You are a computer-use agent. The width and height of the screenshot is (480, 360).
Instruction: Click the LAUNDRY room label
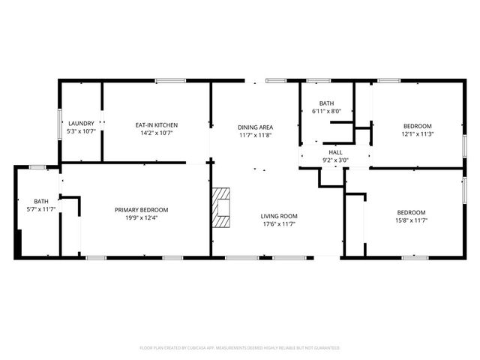[x=81, y=123]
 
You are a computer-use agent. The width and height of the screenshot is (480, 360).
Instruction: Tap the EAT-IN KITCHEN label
[x=157, y=124]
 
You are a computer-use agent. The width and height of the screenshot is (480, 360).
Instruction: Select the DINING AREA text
[x=255, y=127]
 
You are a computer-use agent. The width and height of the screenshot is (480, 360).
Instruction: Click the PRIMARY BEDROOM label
[x=141, y=210]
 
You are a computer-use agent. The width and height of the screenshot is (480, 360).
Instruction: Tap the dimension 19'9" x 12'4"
[x=141, y=218]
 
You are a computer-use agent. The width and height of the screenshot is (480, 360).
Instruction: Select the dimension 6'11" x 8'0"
[x=326, y=112]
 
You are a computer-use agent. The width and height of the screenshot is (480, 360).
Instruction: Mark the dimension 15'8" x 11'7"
[x=411, y=220]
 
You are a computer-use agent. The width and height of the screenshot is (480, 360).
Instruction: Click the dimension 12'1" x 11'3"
[x=418, y=134]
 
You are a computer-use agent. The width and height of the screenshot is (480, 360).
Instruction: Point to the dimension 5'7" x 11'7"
[x=40, y=209]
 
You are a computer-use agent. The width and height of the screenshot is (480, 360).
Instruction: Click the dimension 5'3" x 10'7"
[x=81, y=131]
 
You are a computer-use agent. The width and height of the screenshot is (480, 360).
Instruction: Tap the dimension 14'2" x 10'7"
[x=157, y=133]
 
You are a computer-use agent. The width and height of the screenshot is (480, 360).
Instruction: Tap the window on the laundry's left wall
[x=60, y=122]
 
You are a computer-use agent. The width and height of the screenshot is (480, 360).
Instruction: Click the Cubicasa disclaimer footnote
[x=240, y=348]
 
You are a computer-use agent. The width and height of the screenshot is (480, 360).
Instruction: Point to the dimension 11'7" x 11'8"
[x=255, y=135]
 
